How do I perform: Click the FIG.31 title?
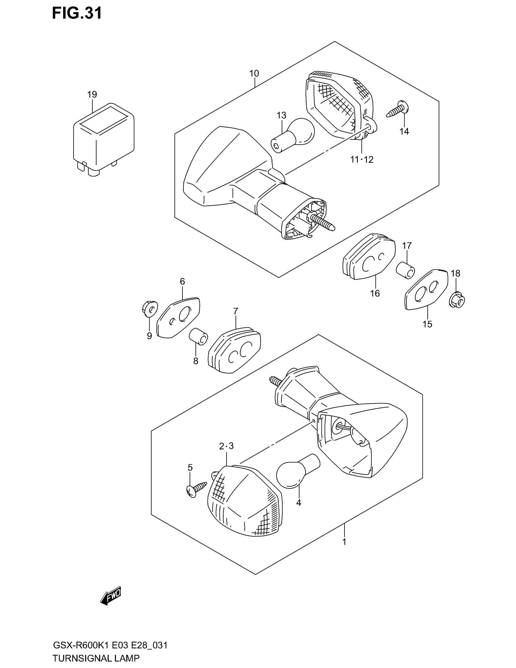pos(77,13)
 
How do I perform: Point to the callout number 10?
pos(254,73)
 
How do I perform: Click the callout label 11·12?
pos(362,160)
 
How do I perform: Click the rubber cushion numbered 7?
pos(234,349)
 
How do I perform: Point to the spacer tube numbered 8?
pos(198,336)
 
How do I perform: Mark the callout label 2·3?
pos(226,446)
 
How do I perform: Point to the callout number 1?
pos(344,542)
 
